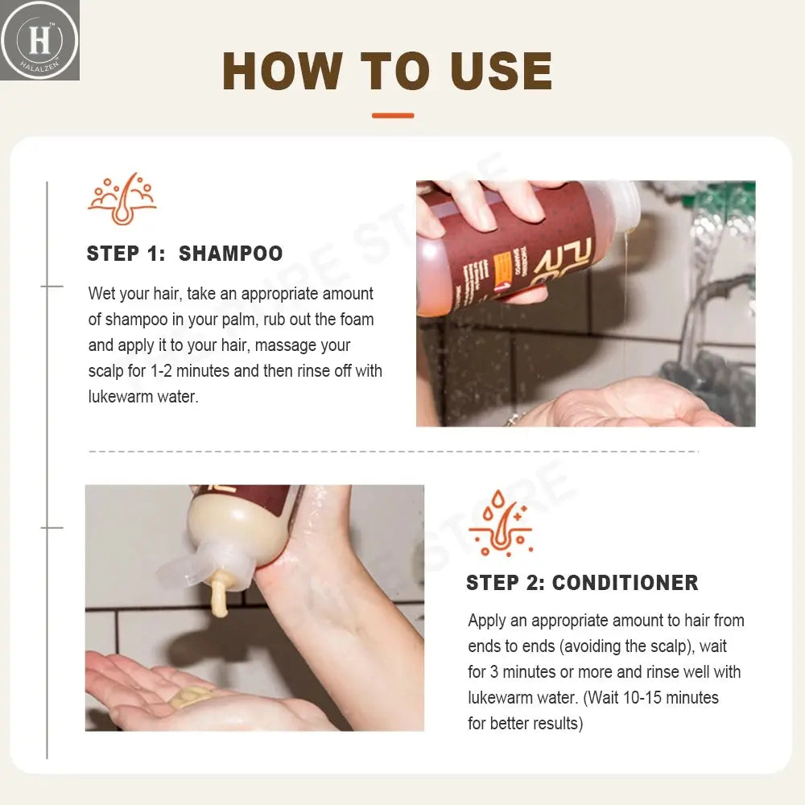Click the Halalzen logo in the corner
coord(39,39)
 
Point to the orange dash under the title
coord(393,116)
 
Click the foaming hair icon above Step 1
coord(122,199)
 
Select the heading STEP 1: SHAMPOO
coord(184,254)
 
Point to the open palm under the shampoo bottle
coord(636,402)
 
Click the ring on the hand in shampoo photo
coord(512,419)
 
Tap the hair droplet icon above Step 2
coord(500,523)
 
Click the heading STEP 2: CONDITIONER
coord(582,583)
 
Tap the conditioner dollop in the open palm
coord(193,696)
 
